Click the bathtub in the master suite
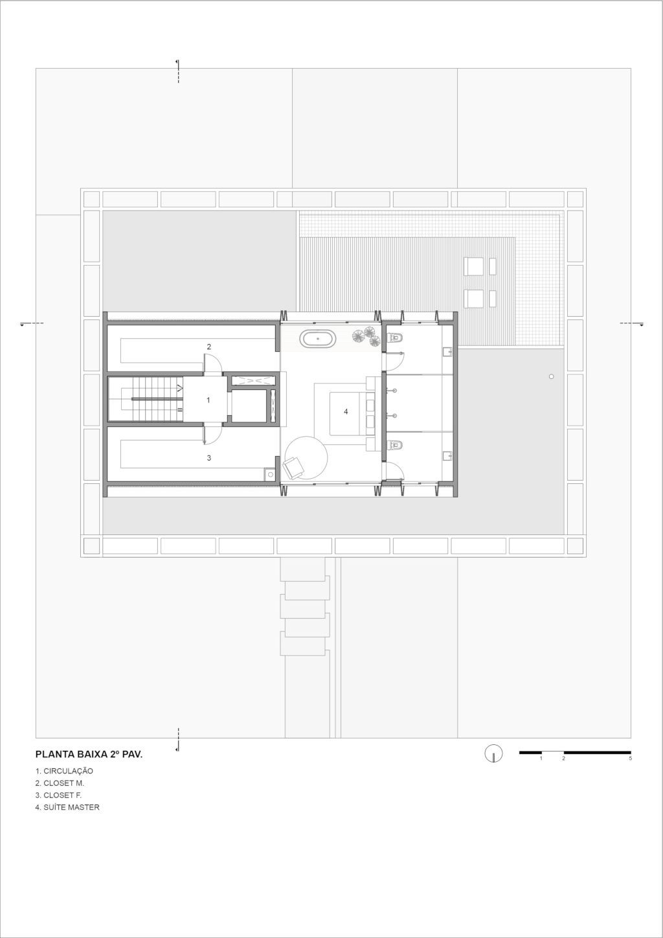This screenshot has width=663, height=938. coord(318,338)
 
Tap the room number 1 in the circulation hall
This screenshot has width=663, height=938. coord(208,400)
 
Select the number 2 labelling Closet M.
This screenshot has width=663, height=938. coord(209,347)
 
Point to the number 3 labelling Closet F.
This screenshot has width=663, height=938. coord(209,458)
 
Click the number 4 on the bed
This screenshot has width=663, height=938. coord(346,411)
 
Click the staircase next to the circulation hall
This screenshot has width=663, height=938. coord(146,399)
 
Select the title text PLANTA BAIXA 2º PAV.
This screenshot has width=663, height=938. coord(89,754)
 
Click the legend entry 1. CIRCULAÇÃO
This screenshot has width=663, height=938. coord(65,770)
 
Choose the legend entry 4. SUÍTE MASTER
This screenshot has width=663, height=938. coord(67,807)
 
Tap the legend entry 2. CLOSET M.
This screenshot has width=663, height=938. coord(60,783)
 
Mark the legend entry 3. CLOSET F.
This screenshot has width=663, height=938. coord(59,795)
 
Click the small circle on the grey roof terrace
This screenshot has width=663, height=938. coord(551,376)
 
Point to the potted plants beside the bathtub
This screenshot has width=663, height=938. coord(366,336)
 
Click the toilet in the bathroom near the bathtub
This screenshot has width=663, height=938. coord(395,337)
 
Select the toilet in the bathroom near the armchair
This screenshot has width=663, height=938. coord(395,444)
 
